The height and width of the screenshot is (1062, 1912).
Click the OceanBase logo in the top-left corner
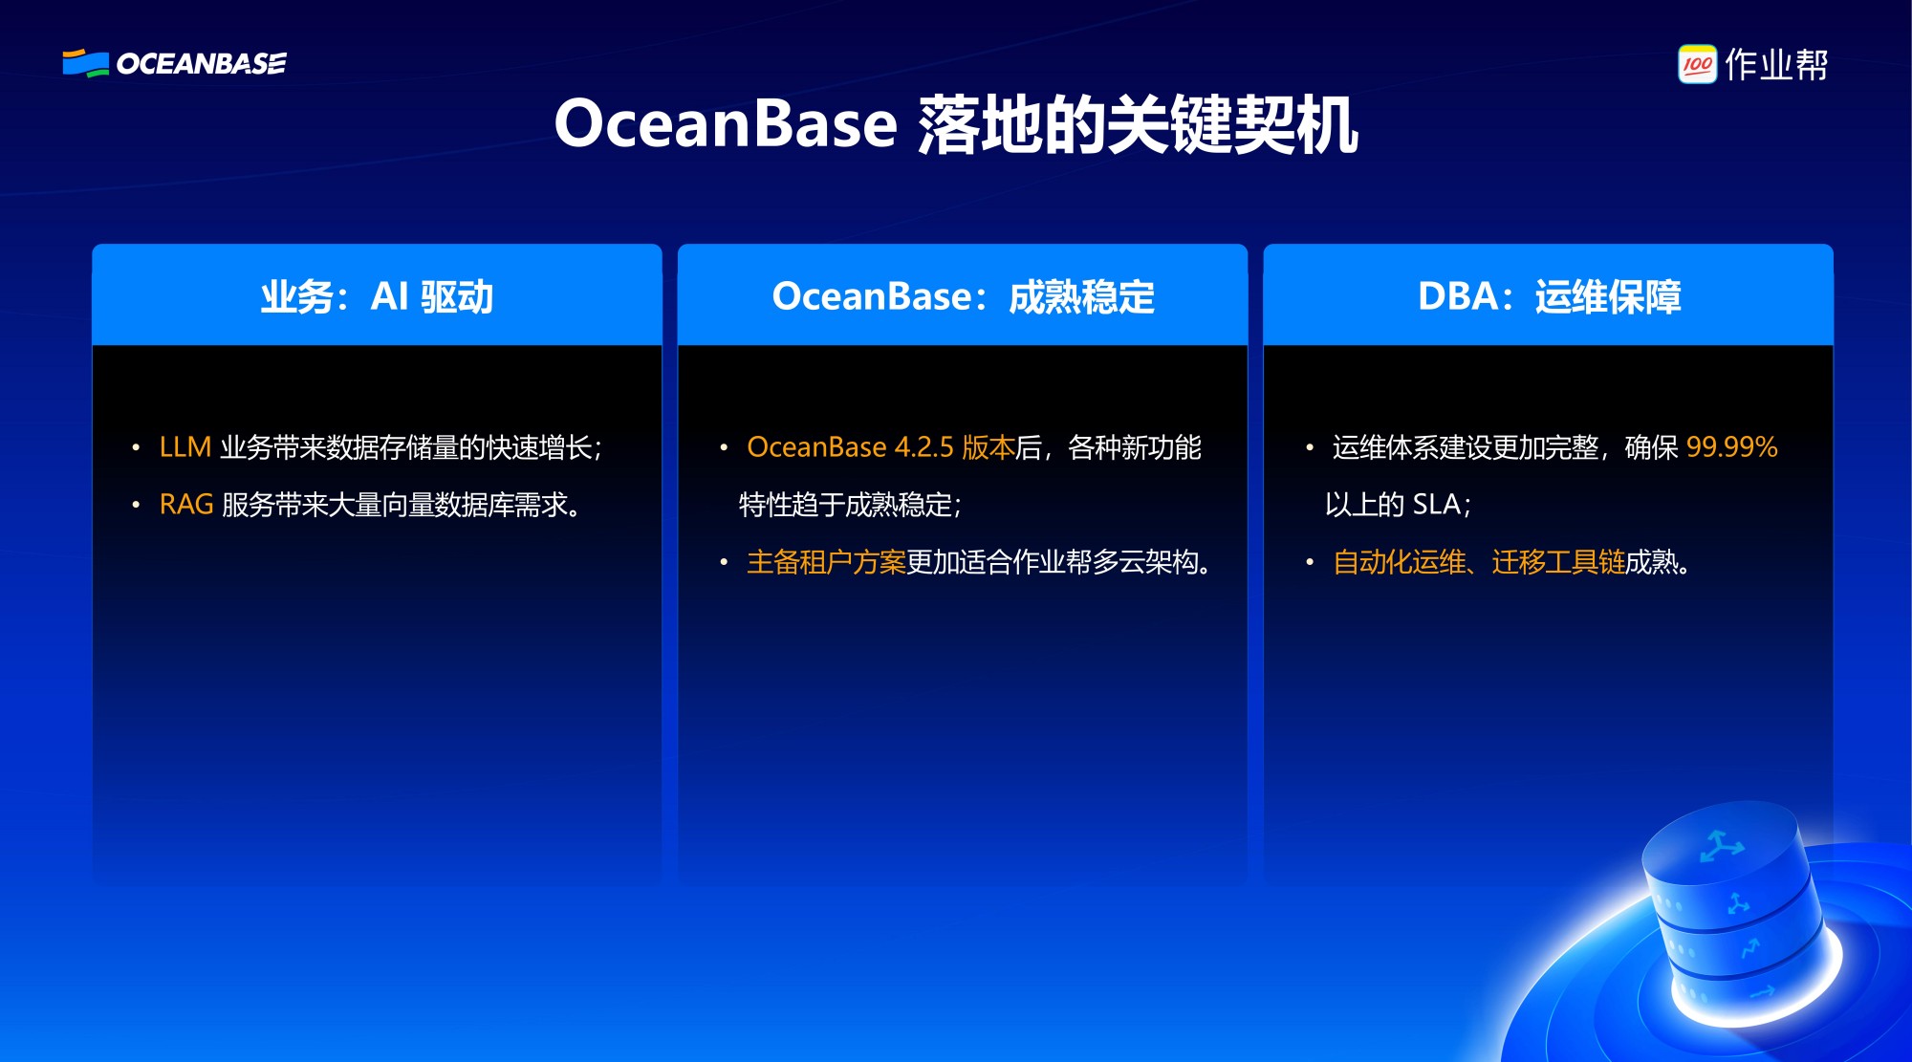point(174,63)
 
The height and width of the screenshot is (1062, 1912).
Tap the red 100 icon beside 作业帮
point(1697,64)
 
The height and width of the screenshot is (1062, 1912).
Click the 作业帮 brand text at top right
point(1776,64)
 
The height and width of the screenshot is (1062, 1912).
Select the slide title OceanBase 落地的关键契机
point(956,124)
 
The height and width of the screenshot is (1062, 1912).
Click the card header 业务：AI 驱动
point(377,296)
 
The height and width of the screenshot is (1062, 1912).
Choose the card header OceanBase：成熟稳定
point(963,296)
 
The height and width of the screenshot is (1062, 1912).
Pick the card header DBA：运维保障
point(1549,296)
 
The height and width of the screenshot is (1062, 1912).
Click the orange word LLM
point(185,447)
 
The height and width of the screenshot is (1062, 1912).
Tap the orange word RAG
point(186,505)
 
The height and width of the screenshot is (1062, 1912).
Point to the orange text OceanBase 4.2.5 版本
point(880,447)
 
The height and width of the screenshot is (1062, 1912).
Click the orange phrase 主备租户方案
point(826,562)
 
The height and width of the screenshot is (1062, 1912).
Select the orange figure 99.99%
point(1732,447)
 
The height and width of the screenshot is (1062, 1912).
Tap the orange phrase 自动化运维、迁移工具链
point(1479,562)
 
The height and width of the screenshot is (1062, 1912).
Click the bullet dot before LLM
point(136,447)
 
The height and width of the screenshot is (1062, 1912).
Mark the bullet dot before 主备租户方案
point(724,562)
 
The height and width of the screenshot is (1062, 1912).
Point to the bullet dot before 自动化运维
point(1310,562)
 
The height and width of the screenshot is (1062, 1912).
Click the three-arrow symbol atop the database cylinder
point(1721,846)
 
